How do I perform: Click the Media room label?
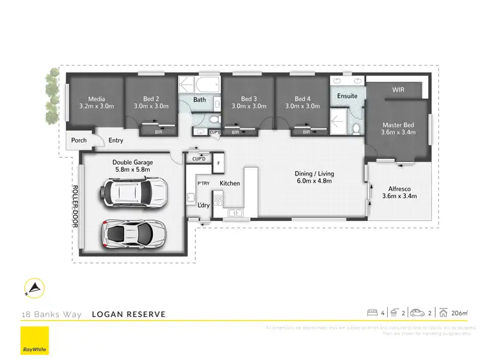pyautogui.click(x=97, y=99)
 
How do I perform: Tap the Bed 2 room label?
pyautogui.click(x=150, y=99)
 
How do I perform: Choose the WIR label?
pyautogui.click(x=398, y=90)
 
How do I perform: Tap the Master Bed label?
pyautogui.click(x=399, y=125)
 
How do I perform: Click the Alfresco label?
pyautogui.click(x=403, y=188)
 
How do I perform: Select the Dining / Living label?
pyautogui.click(x=314, y=174)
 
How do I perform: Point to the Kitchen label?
pyautogui.click(x=230, y=184)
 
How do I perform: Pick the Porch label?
pyautogui.click(x=79, y=140)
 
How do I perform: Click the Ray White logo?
pyautogui.click(x=33, y=341)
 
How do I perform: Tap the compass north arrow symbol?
pyautogui.click(x=34, y=290)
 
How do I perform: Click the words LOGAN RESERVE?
pyautogui.click(x=129, y=314)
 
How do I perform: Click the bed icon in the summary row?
pyautogui.click(x=372, y=313)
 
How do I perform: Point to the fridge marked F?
pyautogui.click(x=219, y=163)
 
